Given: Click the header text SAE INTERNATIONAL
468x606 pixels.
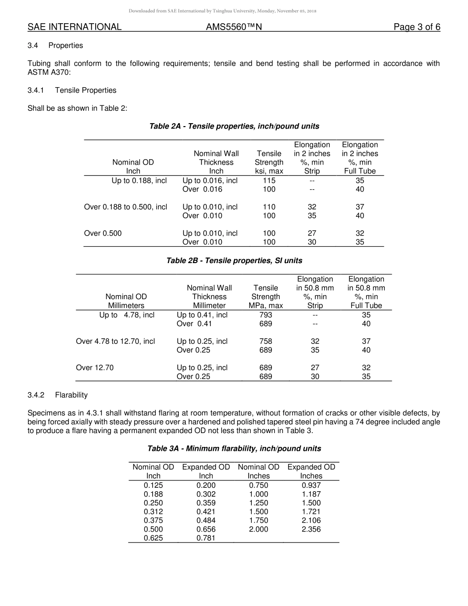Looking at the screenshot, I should (x=74, y=27).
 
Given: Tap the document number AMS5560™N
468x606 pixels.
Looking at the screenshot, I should (x=234, y=27).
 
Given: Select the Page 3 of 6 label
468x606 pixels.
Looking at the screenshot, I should (x=417, y=27).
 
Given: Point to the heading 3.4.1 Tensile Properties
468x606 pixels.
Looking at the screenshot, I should (x=72, y=90).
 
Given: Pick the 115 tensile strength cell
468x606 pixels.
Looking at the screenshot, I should (x=269, y=180).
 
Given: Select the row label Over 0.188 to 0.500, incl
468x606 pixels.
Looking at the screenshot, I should (x=126, y=207).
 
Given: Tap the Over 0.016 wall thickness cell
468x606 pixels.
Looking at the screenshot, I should (x=202, y=189).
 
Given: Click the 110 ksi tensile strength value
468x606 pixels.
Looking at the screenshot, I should (x=269, y=207).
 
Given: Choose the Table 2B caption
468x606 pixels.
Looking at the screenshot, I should (x=234, y=261).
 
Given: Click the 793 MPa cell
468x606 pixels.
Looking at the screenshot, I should (x=266, y=315).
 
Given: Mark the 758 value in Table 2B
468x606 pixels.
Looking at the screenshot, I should (x=266, y=341).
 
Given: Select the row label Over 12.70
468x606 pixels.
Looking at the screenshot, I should (x=95, y=368).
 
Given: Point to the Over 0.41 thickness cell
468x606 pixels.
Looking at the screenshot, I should (x=194, y=324).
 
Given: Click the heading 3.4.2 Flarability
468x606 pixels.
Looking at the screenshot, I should (x=58, y=395).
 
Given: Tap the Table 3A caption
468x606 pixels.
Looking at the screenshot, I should (x=234, y=449).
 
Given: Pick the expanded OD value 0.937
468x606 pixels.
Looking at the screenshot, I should (x=311, y=485).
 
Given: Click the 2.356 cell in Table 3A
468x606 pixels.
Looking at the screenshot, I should (x=311, y=530).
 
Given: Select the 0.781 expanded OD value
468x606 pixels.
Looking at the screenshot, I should (x=206, y=539).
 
